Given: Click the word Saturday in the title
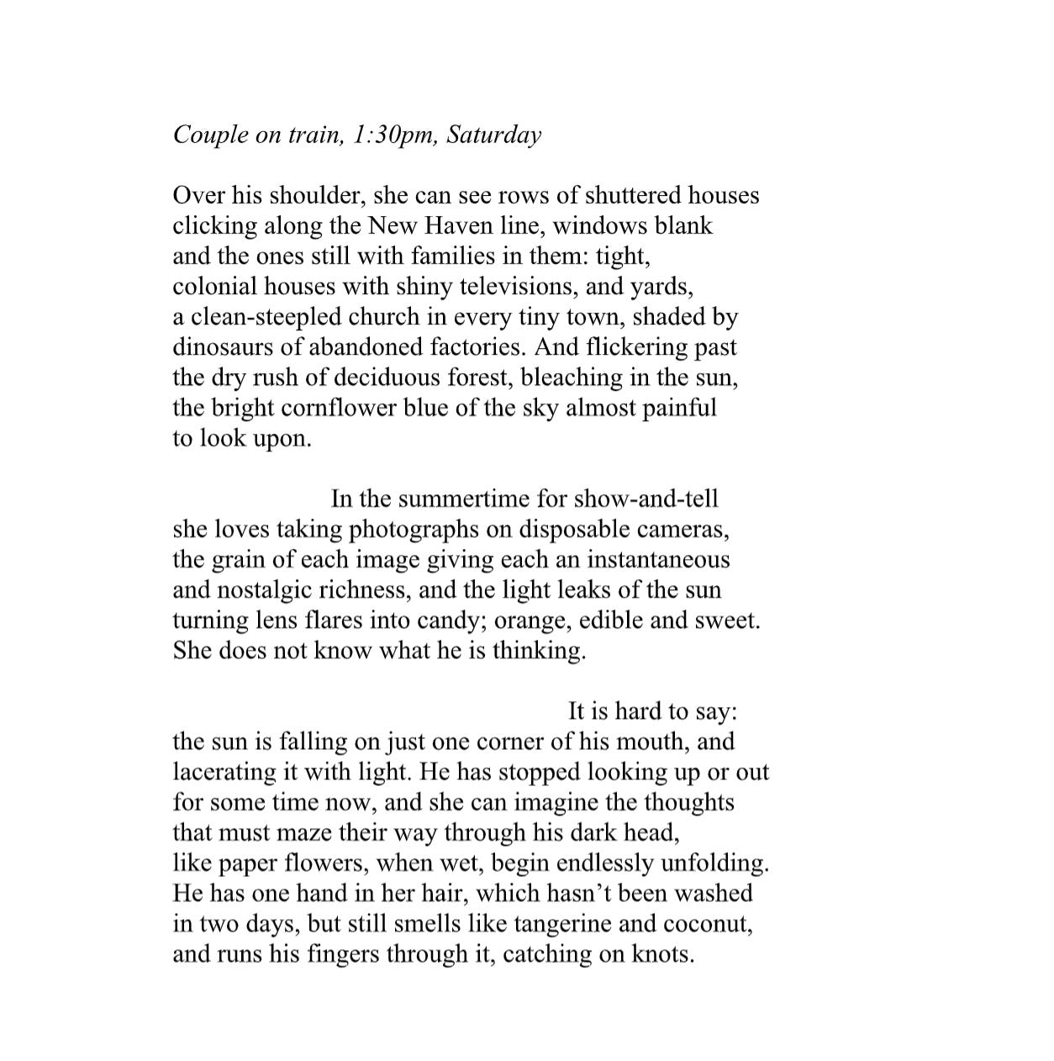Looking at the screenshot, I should point(494,135).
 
